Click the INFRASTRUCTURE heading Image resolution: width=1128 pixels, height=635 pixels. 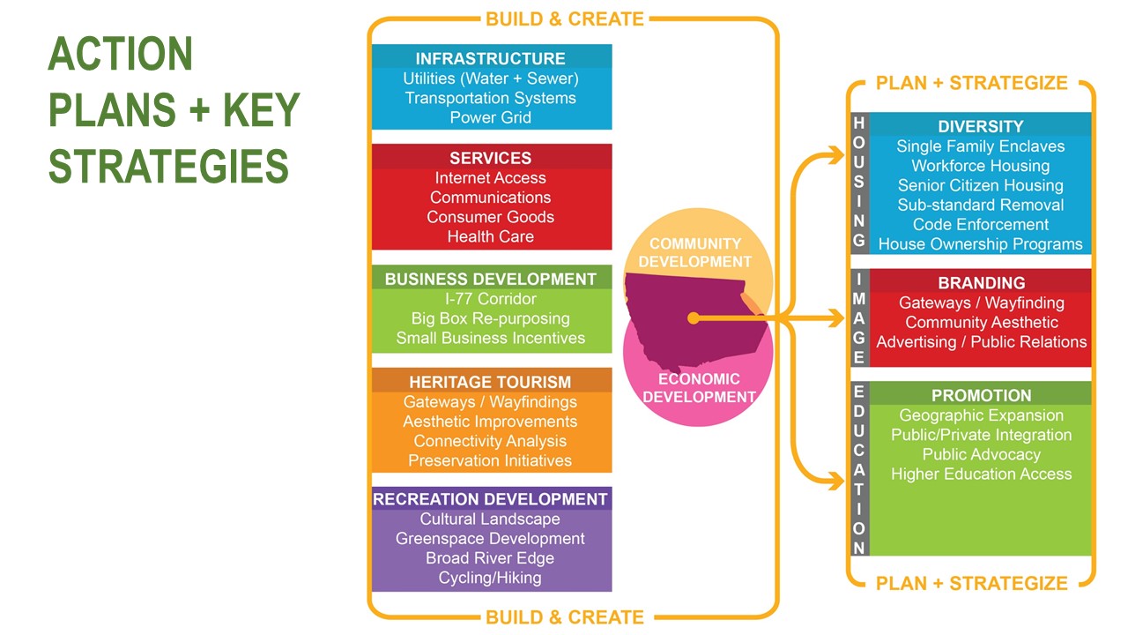pos(491,58)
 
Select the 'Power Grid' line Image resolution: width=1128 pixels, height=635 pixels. pos(491,117)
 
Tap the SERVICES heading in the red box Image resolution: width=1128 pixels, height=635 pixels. pos(491,158)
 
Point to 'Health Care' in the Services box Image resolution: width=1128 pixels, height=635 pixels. pos(491,236)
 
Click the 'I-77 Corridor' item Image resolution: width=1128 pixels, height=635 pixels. pos(491,299)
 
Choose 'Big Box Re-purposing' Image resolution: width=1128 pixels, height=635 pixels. pos(491,318)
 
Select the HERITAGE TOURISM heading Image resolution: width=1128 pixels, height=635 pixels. pos(491,382)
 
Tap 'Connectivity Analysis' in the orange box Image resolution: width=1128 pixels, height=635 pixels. pos(491,441)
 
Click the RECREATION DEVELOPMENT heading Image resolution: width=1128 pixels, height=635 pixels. pos(491,499)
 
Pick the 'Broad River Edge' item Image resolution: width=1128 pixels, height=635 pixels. pos(491,558)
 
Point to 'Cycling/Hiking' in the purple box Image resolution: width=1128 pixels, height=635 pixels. pos(491,579)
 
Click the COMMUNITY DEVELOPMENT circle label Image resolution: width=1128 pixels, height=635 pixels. pos(695,252)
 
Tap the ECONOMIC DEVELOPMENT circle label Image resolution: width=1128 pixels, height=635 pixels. pos(699,387)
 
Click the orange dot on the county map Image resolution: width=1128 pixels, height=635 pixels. pos(694,317)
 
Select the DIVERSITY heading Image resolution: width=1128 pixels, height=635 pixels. pos(981,126)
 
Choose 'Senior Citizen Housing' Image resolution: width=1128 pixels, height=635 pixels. pos(981,185)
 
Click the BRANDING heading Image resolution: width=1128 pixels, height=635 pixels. pos(981,283)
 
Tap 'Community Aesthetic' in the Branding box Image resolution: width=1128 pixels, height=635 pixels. pos(981,322)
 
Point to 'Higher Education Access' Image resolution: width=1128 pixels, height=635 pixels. pos(981,474)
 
